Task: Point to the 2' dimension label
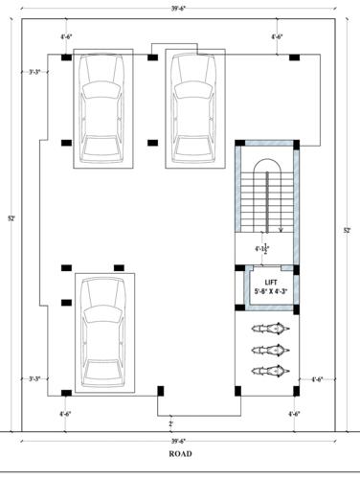click(x=171, y=422)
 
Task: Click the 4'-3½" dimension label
click(x=261, y=249)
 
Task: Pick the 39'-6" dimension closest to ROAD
click(x=174, y=441)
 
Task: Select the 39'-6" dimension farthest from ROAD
click(x=174, y=6)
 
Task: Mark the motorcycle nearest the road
click(x=269, y=371)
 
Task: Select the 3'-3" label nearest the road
click(x=36, y=378)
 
